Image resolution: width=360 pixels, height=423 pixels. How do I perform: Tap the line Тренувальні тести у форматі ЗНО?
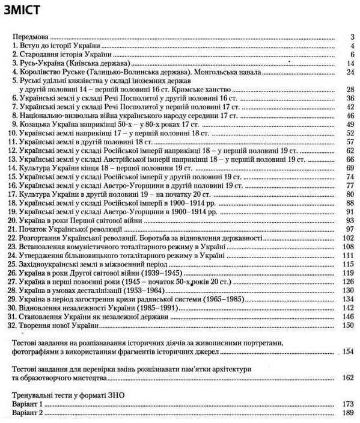click(70, 395)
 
